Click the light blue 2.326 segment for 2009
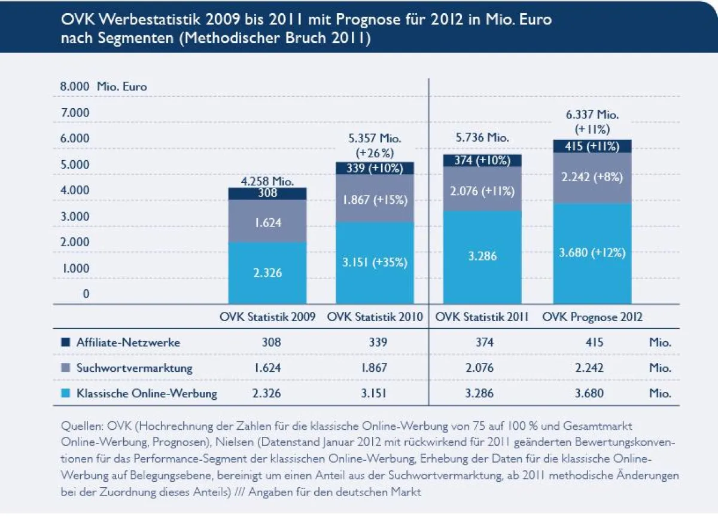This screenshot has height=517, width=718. [x=267, y=273]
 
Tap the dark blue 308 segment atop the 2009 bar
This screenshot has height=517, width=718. [x=267, y=193]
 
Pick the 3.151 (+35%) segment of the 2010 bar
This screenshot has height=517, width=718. [x=375, y=262]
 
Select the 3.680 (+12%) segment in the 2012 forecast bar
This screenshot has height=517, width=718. [x=592, y=253]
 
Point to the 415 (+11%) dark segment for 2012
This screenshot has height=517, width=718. [x=592, y=146]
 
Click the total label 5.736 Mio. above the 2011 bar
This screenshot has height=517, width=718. [x=482, y=137]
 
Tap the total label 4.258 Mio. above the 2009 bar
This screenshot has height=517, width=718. [x=267, y=181]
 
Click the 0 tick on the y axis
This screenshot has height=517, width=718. [x=86, y=293]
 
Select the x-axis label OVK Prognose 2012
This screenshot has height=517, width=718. [x=592, y=317]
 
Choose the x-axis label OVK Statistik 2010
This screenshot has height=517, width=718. [x=375, y=317]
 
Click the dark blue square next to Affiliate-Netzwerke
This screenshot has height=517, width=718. [x=65, y=342]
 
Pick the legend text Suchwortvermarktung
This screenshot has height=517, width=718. [x=134, y=368]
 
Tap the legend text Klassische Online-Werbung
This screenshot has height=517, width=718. [x=147, y=394]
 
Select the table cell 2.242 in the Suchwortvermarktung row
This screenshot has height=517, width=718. [x=589, y=368]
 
